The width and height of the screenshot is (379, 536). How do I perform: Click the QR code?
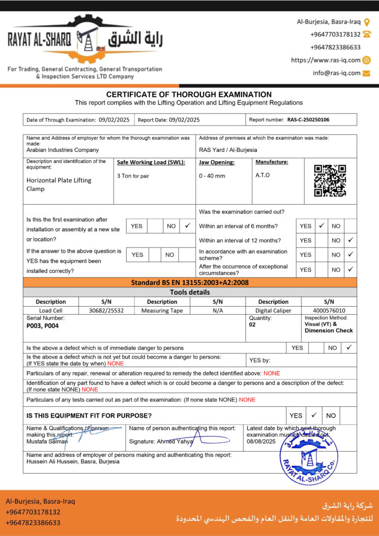pyautogui.click(x=330, y=181)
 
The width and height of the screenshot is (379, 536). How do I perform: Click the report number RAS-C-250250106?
pyautogui.click(x=308, y=120)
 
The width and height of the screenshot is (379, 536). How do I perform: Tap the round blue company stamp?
pyautogui.click(x=308, y=452)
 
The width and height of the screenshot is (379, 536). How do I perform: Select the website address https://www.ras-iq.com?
pyautogui.click(x=326, y=60)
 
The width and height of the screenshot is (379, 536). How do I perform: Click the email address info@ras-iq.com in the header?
pyautogui.click(x=337, y=73)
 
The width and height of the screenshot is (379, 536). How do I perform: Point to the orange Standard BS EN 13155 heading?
pyautogui.click(x=189, y=283)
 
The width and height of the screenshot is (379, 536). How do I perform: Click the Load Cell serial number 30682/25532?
pyautogui.click(x=106, y=310)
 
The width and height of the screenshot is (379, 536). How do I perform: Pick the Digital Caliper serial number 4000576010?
pyautogui.click(x=329, y=310)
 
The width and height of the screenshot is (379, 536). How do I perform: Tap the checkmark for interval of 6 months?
pyautogui.click(x=321, y=226)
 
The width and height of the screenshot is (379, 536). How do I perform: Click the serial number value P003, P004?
pyautogui.click(x=43, y=325)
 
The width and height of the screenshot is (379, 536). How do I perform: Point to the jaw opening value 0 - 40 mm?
pyautogui.click(x=212, y=176)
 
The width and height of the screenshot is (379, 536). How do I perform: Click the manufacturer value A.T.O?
pyautogui.click(x=263, y=175)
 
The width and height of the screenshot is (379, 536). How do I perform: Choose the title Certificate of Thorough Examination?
pyautogui.click(x=189, y=94)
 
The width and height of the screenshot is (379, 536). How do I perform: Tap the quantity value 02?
pyautogui.click(x=253, y=325)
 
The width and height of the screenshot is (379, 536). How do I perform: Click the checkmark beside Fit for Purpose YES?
pyautogui.click(x=314, y=415)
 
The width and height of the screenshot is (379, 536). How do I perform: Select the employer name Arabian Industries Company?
pyautogui.click(x=62, y=150)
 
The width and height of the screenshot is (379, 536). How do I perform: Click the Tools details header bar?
pyautogui.click(x=189, y=292)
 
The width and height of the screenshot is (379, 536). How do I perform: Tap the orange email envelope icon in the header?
pyautogui.click(x=366, y=73)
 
